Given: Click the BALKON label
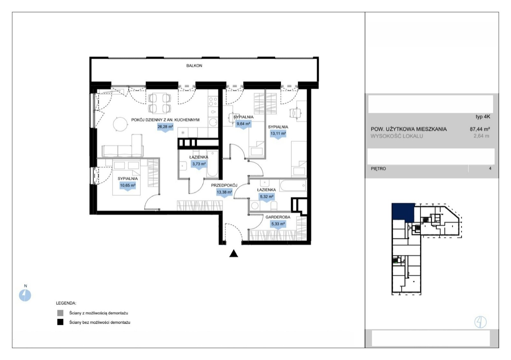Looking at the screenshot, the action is pos(194,66).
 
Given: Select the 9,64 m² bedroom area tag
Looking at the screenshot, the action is pos(243,124).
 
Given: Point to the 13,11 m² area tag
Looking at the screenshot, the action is pos(278,134).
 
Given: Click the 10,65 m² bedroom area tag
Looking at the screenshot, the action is pos(128,186).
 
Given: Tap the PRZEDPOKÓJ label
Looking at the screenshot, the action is pos(224,185).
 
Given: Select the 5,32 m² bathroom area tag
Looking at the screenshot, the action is pos(267,197).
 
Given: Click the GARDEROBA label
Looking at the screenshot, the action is pos(278,217).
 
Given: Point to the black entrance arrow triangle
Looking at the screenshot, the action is pos(233,254).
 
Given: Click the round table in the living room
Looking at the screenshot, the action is pos(120,124).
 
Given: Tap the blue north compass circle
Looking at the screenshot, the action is pos(25,295).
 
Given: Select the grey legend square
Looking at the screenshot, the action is pos(60,313).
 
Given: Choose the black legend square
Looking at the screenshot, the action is pos(60,322).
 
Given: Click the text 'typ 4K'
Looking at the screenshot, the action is pos(483,117).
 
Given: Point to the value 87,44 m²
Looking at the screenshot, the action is pos(480,129).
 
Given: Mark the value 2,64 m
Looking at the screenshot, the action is pos(481,136).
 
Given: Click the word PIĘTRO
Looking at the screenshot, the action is pos(378,169).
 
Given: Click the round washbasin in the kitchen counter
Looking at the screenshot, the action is pos(213,123).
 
